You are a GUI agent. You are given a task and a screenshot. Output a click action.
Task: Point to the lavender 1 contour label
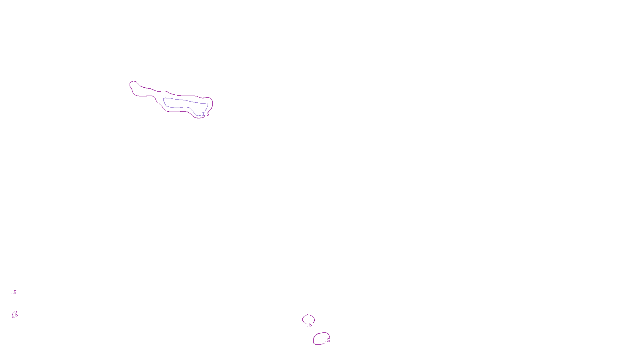tap(203, 114)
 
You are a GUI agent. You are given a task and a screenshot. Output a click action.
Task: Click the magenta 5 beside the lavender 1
tap(208, 114)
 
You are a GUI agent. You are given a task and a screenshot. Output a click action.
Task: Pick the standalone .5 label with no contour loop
tap(14, 292)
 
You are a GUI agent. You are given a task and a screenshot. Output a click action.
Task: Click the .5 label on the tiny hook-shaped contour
tap(16, 315)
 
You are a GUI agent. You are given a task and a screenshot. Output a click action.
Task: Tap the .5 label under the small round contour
tap(310, 325)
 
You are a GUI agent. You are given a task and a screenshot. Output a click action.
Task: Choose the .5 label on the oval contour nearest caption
tap(328, 340)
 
